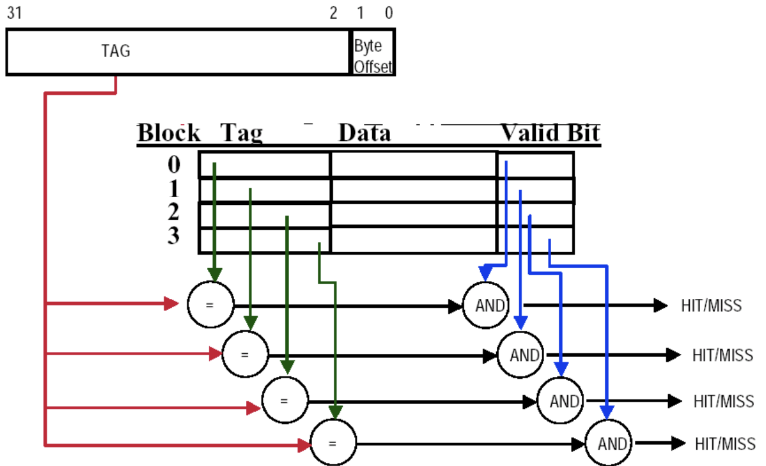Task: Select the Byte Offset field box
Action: click(373, 52)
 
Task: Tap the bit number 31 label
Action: click(15, 13)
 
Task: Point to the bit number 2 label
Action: click(333, 13)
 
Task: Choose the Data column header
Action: click(364, 133)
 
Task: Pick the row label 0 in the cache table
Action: click(174, 165)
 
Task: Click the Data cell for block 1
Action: click(414, 189)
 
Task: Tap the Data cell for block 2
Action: click(414, 214)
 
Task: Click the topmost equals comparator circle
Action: click(210, 305)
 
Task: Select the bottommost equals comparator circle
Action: click(333, 443)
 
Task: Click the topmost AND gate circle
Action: click(490, 305)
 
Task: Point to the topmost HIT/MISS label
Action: click(711, 305)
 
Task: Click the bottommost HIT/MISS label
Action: click(725, 443)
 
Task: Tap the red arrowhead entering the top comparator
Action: click(171, 305)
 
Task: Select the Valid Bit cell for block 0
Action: click(535, 165)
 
